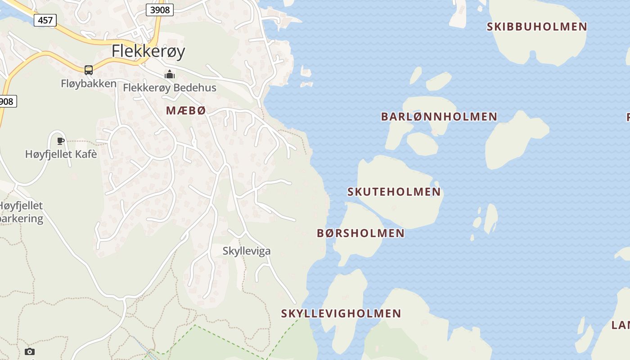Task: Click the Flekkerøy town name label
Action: point(148,51)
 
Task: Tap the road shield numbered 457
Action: point(45,20)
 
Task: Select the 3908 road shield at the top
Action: point(160,9)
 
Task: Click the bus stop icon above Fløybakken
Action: point(89,70)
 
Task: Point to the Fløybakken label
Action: point(89,84)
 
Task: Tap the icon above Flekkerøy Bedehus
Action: point(170,74)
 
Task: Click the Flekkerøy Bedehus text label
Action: point(170,88)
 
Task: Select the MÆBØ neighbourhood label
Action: point(186,110)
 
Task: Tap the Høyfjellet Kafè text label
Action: point(61,154)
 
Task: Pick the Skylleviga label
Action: point(247,251)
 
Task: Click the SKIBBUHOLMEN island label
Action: point(537,27)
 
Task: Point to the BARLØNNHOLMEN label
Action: point(439,117)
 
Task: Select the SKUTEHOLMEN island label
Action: point(394,192)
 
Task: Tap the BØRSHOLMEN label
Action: point(360,233)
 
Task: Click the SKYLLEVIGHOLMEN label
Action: point(341,313)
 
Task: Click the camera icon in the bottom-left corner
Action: point(30,351)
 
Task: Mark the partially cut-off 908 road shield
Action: point(7,101)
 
